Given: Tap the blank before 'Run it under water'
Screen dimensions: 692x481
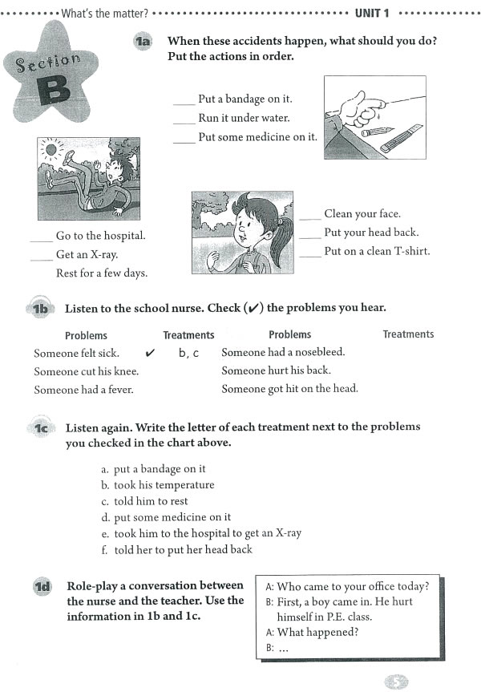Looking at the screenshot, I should point(184,119).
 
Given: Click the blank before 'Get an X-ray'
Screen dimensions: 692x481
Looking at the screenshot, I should point(41,256).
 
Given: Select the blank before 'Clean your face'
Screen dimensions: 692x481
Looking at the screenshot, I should point(309,216).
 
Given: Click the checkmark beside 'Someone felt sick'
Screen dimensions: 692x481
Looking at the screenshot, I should point(149,352).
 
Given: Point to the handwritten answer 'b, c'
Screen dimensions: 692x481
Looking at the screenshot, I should point(188,353).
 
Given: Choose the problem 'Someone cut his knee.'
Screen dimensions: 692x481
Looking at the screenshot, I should point(86,371).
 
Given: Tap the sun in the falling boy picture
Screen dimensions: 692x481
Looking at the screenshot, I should point(52,149).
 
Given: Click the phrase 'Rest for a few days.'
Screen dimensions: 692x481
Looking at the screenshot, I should point(102,273).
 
